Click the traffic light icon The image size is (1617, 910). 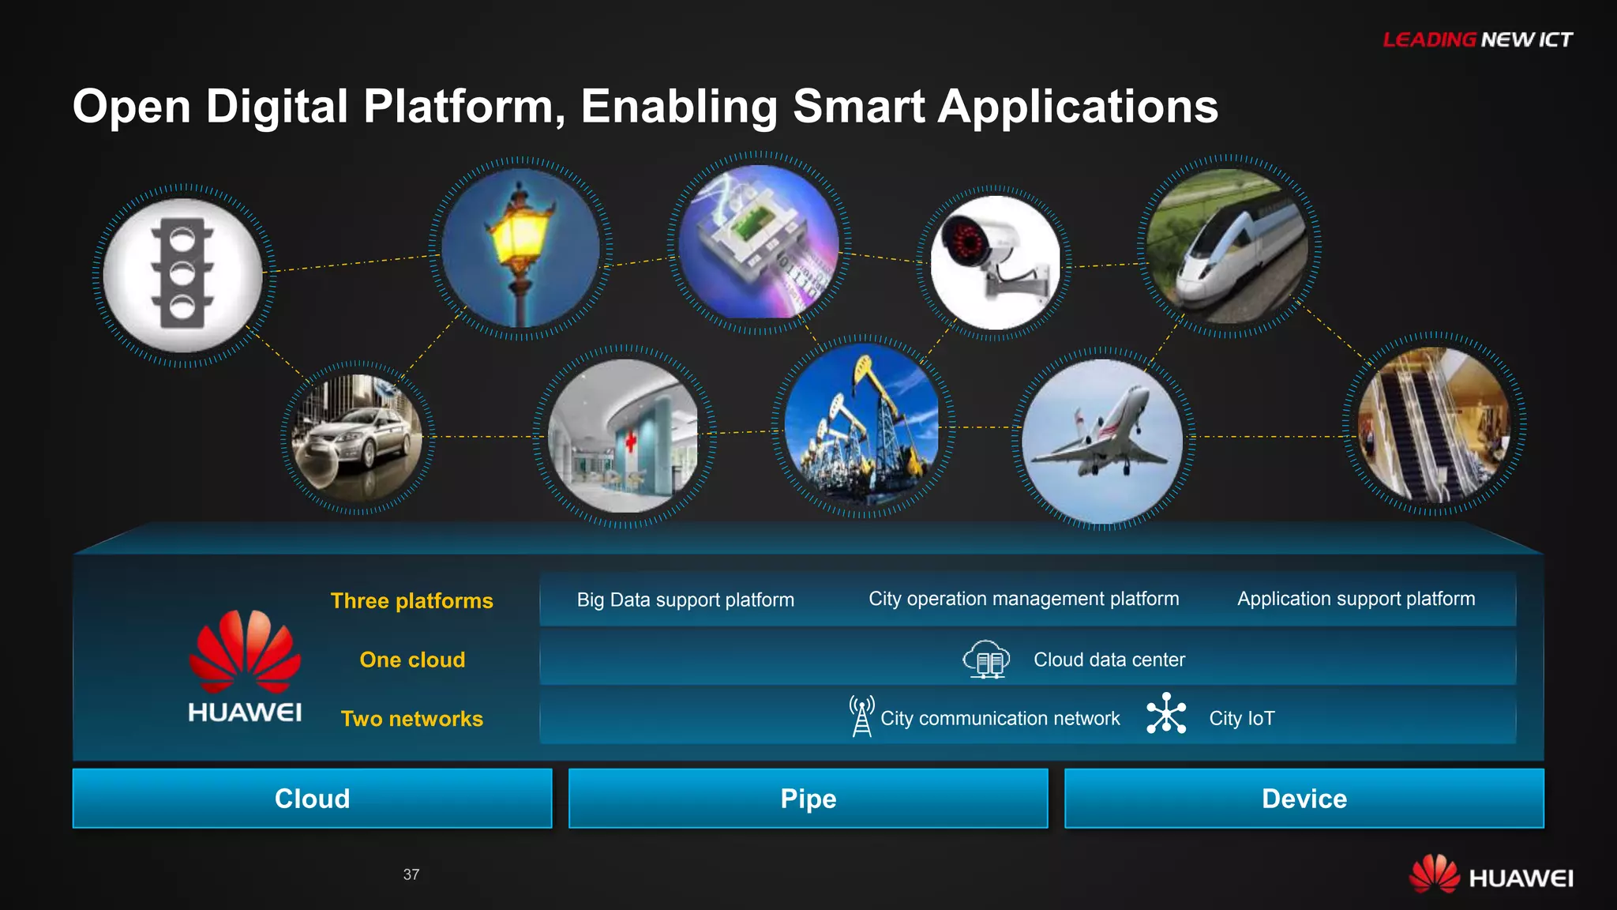(x=182, y=273)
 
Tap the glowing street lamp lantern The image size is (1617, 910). (x=519, y=229)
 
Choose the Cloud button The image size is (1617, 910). (x=312, y=799)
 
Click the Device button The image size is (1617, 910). (x=1304, y=799)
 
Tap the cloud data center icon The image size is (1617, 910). (x=986, y=660)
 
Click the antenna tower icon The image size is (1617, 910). (x=861, y=716)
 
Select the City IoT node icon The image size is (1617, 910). (x=1166, y=714)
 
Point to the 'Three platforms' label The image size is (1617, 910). (x=411, y=601)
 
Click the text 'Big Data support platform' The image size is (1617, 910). (x=685, y=600)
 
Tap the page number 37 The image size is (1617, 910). (x=411, y=874)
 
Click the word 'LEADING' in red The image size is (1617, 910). (x=1429, y=39)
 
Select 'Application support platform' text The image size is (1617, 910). (x=1356, y=599)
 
